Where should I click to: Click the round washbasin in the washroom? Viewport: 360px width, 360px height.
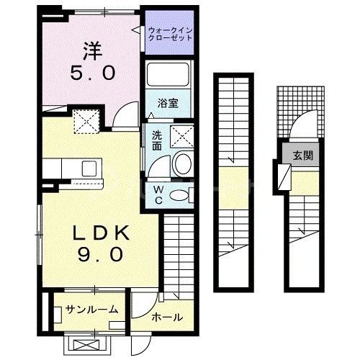click(182, 163)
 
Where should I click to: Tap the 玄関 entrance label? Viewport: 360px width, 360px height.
click(302, 155)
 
